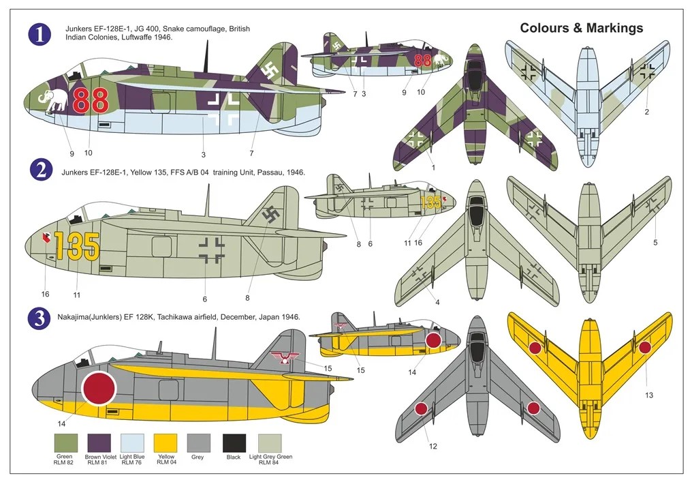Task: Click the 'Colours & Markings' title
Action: pyautogui.click(x=581, y=28)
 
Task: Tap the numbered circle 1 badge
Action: pyautogui.click(x=41, y=34)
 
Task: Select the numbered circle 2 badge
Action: pyautogui.click(x=42, y=171)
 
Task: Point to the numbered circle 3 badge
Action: pyautogui.click(x=41, y=318)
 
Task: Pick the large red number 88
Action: pyautogui.click(x=91, y=100)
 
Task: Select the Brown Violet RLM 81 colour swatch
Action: pyautogui.click(x=99, y=443)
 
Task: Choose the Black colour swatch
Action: pyautogui.click(x=234, y=443)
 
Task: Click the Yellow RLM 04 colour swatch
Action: pyautogui.click(x=166, y=443)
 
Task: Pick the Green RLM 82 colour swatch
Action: pyautogui.click(x=66, y=443)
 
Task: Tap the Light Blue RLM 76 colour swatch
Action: pyautogui.click(x=132, y=443)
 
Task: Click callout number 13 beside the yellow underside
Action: pyautogui.click(x=648, y=395)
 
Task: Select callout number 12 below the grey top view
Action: pyautogui.click(x=433, y=446)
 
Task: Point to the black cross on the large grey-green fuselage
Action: pyautogui.click(x=211, y=250)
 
